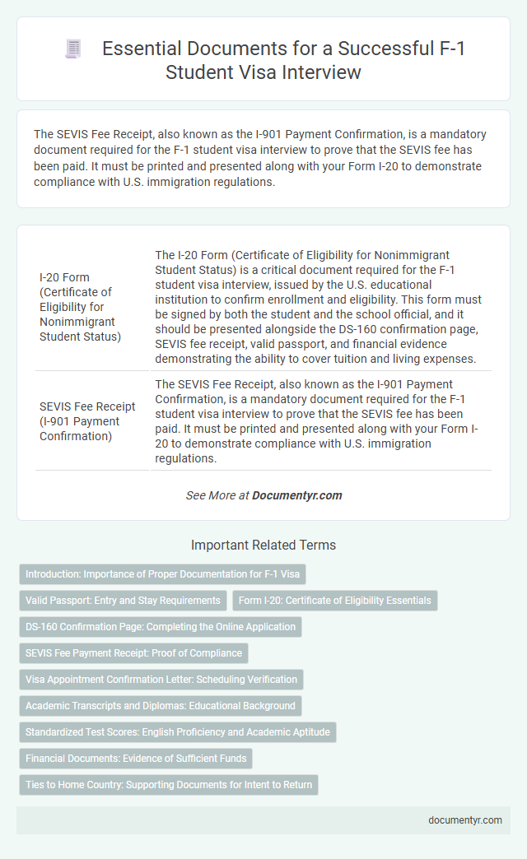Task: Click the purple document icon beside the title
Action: (x=73, y=49)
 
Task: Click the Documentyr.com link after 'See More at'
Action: (x=296, y=495)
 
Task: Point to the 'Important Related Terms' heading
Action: (x=263, y=545)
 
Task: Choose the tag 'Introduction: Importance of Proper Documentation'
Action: (x=162, y=574)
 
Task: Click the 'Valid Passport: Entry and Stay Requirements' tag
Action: (x=123, y=601)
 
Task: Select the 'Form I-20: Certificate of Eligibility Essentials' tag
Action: (x=334, y=601)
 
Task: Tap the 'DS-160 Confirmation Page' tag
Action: (x=161, y=627)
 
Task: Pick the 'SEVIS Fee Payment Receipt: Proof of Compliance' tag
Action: (x=133, y=653)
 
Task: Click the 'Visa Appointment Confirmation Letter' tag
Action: (x=161, y=680)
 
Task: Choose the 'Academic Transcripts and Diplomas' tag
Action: (x=161, y=706)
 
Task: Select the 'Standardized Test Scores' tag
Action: (x=178, y=732)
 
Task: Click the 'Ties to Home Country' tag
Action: (x=169, y=785)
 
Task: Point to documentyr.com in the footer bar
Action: (x=467, y=820)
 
